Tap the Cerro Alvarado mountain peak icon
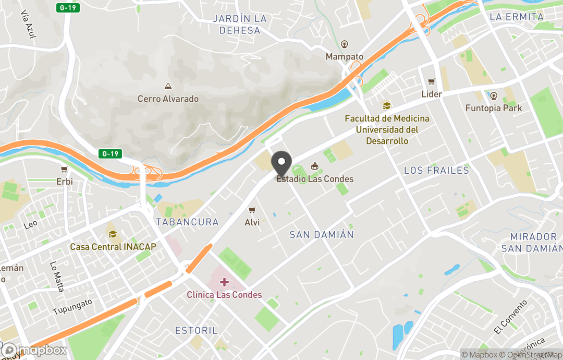(168, 86)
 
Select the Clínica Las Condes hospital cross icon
(224, 282)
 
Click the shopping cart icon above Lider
(431, 82)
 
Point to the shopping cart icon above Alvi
(252, 210)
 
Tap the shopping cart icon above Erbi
(64, 170)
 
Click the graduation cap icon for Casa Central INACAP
(113, 234)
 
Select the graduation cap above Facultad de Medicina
(386, 106)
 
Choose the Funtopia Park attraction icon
(494, 96)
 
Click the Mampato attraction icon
(344, 44)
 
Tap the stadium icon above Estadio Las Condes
(314, 166)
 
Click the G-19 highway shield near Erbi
(111, 153)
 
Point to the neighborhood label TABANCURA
(187, 222)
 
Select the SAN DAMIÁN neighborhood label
(322, 235)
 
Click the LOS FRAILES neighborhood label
(436, 171)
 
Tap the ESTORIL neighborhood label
(196, 331)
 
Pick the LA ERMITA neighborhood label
(517, 17)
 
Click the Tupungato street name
(72, 307)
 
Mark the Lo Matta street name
(57, 277)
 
